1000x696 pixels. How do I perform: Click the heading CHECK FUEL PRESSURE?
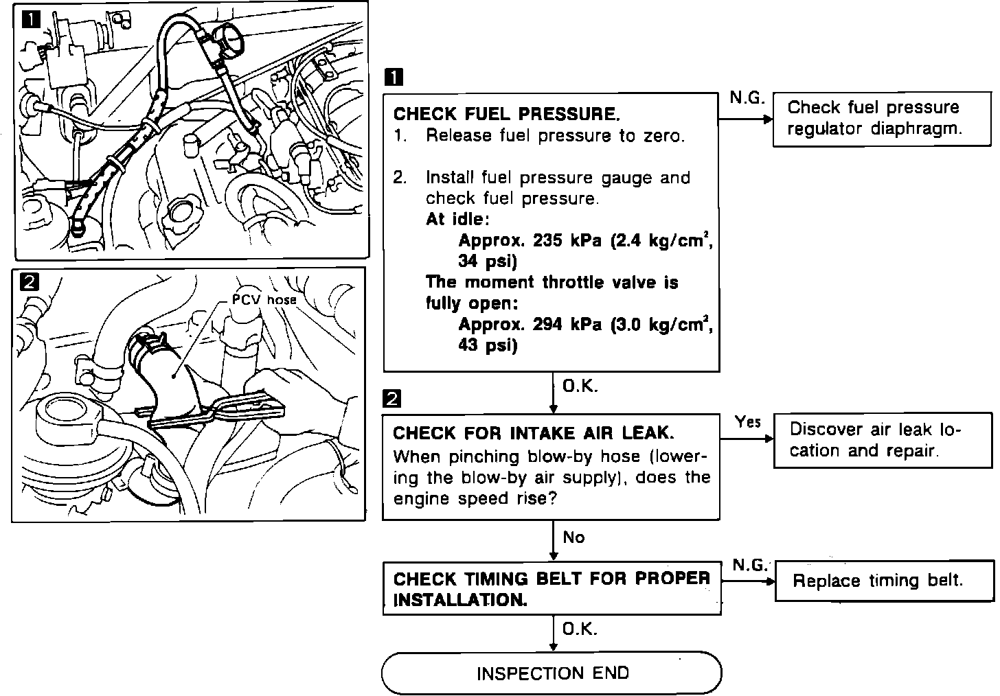(x=507, y=114)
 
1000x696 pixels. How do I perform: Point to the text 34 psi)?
(x=488, y=261)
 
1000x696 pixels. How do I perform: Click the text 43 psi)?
(x=488, y=345)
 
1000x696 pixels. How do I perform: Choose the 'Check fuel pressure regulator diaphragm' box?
(x=882, y=119)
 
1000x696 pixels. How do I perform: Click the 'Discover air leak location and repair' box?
(x=883, y=441)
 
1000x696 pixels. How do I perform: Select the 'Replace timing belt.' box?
(x=885, y=581)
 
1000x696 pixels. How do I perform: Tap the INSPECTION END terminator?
(x=552, y=673)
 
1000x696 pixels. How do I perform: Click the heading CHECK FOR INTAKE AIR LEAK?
(x=534, y=433)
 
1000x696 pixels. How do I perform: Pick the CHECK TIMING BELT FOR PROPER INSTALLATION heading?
(x=552, y=589)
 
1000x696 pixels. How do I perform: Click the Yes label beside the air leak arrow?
(x=748, y=421)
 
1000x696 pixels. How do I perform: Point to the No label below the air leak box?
(x=573, y=537)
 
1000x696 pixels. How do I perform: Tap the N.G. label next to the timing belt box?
(x=750, y=565)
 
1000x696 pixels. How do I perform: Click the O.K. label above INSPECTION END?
(x=580, y=629)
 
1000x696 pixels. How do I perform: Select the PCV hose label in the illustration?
(x=264, y=299)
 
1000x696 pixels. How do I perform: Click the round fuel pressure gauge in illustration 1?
(x=228, y=41)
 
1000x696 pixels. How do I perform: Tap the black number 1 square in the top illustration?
(x=32, y=19)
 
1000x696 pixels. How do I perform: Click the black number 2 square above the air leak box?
(x=391, y=398)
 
